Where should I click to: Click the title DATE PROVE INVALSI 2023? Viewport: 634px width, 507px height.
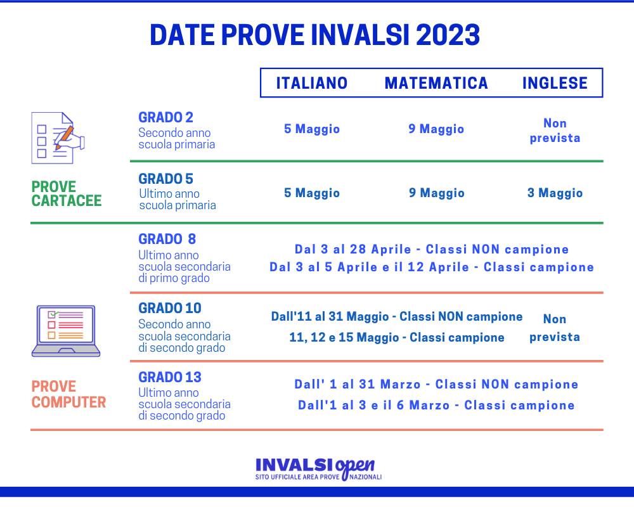[315, 35]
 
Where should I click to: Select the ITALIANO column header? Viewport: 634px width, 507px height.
[312, 83]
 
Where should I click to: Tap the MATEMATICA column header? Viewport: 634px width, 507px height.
[436, 83]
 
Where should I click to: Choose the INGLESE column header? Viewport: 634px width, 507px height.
[555, 83]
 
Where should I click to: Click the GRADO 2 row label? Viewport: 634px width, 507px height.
[165, 117]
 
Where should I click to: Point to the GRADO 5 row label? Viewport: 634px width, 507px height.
[165, 179]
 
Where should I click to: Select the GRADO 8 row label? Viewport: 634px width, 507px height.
[167, 239]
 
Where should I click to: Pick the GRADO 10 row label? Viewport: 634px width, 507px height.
[170, 308]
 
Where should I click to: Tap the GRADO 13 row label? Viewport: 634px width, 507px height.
[170, 377]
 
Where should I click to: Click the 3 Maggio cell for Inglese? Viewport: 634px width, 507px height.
[555, 193]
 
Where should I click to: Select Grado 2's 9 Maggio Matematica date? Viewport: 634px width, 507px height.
[436, 129]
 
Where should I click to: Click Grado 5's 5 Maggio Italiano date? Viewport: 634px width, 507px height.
[312, 193]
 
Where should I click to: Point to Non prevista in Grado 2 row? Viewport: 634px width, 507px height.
[555, 131]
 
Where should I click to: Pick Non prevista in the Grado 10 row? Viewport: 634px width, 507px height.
[555, 328]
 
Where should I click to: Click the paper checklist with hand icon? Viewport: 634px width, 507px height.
[57, 138]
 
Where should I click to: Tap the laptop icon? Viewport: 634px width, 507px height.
[66, 331]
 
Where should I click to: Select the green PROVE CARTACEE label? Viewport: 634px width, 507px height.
[66, 194]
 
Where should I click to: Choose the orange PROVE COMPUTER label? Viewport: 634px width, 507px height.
[68, 394]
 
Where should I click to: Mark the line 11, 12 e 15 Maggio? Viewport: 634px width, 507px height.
[396, 338]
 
